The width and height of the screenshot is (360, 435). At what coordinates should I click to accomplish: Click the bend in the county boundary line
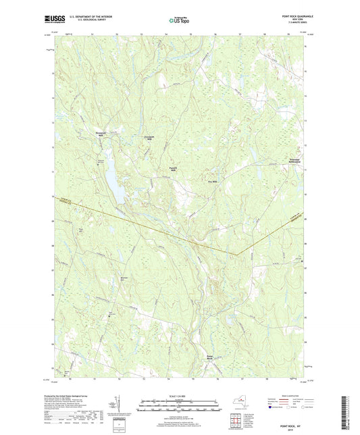(x=237, y=255)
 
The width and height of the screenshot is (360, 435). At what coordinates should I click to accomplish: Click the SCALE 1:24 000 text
(x=180, y=395)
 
